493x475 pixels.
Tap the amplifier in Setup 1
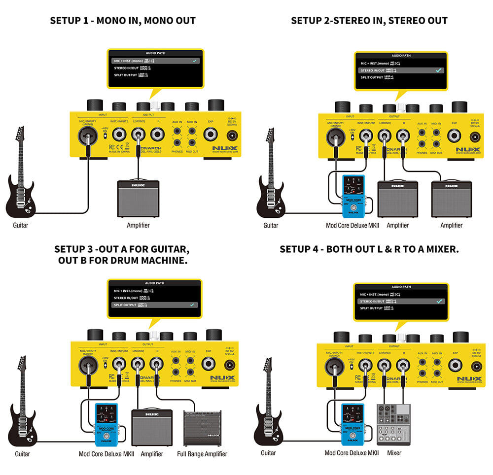coord(138,198)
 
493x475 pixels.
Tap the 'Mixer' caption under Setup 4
coord(394,453)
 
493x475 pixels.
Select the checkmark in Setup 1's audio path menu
coord(195,61)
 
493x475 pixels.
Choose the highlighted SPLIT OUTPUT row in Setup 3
coord(153,305)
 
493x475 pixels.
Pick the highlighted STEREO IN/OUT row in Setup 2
coord(401,70)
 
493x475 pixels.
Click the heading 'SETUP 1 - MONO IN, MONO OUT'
coord(123,21)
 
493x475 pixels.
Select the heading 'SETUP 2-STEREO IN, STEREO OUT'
coord(369,21)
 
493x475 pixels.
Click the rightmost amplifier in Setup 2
coord(451,199)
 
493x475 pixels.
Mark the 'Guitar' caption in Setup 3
coord(22,454)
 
